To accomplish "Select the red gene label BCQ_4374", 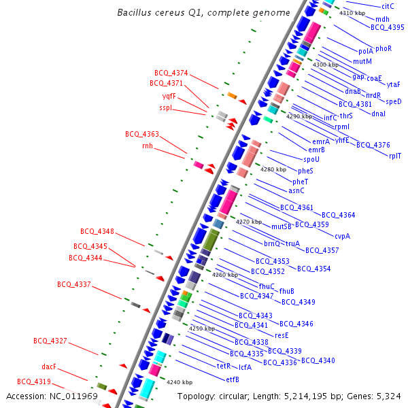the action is (x=171, y=73).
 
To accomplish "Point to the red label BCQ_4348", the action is (x=97, y=231).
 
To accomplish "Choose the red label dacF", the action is (x=49, y=367).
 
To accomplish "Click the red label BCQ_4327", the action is (x=50, y=341).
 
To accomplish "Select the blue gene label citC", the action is (x=388, y=5).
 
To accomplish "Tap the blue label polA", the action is (x=365, y=51).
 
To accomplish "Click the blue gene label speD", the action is (x=394, y=101).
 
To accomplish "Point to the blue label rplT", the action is (x=395, y=156).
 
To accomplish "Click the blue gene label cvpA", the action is (x=343, y=236).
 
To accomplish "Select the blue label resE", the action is (x=282, y=335).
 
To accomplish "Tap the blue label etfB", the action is (x=232, y=379).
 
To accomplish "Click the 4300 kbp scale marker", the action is (x=325, y=65).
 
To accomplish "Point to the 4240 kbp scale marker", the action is (x=180, y=382).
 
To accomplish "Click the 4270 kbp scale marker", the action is (x=248, y=222).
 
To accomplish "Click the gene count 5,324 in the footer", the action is (x=388, y=396).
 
